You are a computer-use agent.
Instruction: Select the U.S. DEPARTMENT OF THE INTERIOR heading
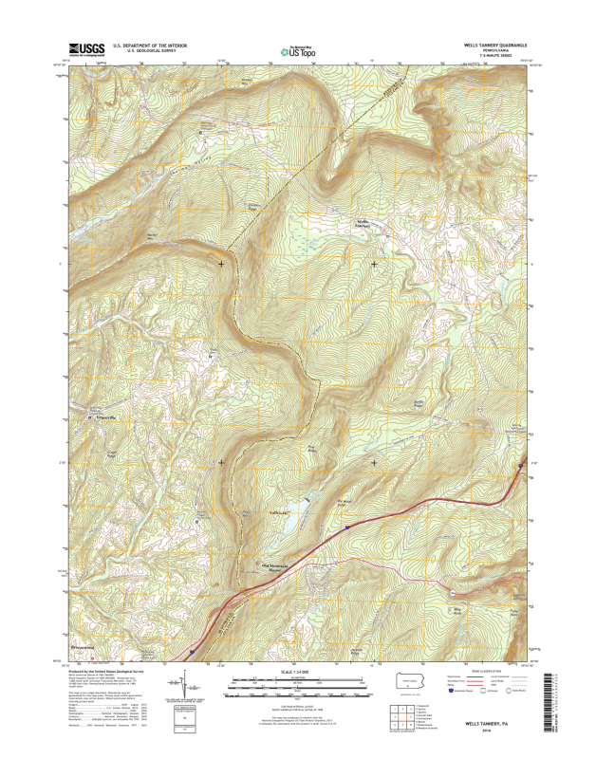pos(150,45)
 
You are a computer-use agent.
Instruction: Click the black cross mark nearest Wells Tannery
pos(374,263)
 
